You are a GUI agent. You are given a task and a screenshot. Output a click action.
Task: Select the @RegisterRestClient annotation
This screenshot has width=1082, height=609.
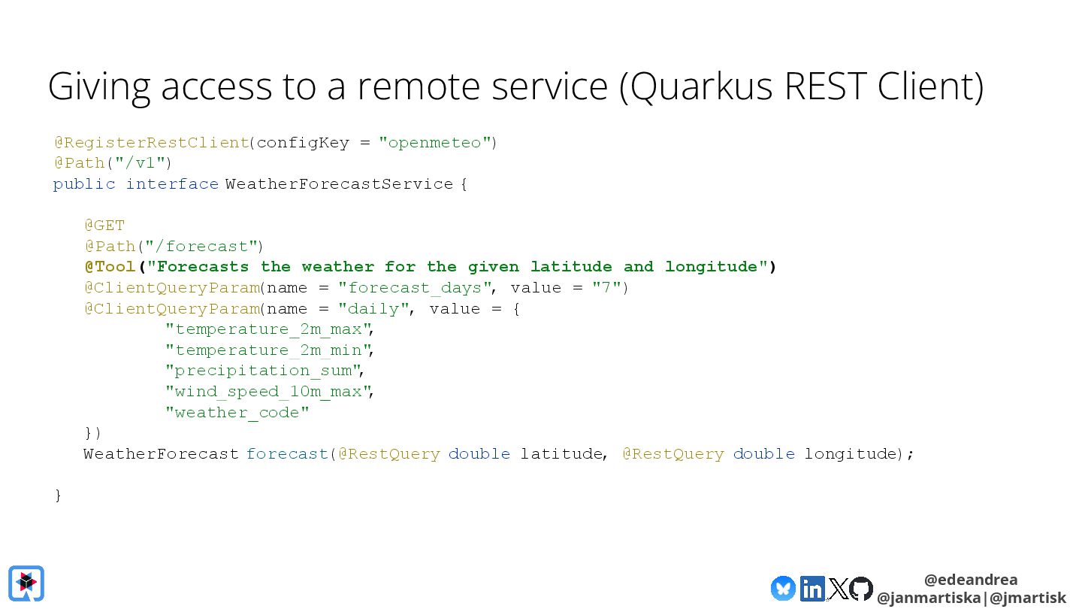(x=151, y=142)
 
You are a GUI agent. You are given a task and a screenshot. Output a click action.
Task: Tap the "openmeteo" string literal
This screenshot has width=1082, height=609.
(x=434, y=142)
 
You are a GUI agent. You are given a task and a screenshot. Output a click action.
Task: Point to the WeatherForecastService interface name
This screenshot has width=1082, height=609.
(x=339, y=184)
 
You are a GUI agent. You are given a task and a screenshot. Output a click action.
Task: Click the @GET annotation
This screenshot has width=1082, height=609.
(x=104, y=226)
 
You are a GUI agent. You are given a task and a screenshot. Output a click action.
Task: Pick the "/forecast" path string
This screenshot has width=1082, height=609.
(x=202, y=247)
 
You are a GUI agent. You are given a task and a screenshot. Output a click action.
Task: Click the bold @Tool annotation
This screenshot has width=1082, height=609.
(x=110, y=267)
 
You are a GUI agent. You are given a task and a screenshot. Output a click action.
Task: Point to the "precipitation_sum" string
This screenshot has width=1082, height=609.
(x=263, y=371)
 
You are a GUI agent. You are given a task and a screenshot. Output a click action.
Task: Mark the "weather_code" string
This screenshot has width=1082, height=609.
(x=237, y=413)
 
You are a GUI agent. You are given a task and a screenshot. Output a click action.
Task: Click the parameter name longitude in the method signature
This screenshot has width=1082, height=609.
(x=851, y=454)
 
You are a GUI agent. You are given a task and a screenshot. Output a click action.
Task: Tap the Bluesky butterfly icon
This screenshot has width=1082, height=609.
(x=783, y=588)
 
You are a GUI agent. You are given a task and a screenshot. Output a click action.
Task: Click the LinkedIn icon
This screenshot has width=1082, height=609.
(x=812, y=588)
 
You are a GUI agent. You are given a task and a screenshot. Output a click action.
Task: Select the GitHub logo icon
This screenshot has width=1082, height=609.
(x=861, y=588)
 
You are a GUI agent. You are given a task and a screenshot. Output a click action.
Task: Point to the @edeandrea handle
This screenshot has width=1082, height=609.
(x=971, y=580)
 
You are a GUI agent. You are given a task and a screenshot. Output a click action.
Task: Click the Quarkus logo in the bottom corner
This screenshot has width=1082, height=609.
(x=26, y=583)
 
